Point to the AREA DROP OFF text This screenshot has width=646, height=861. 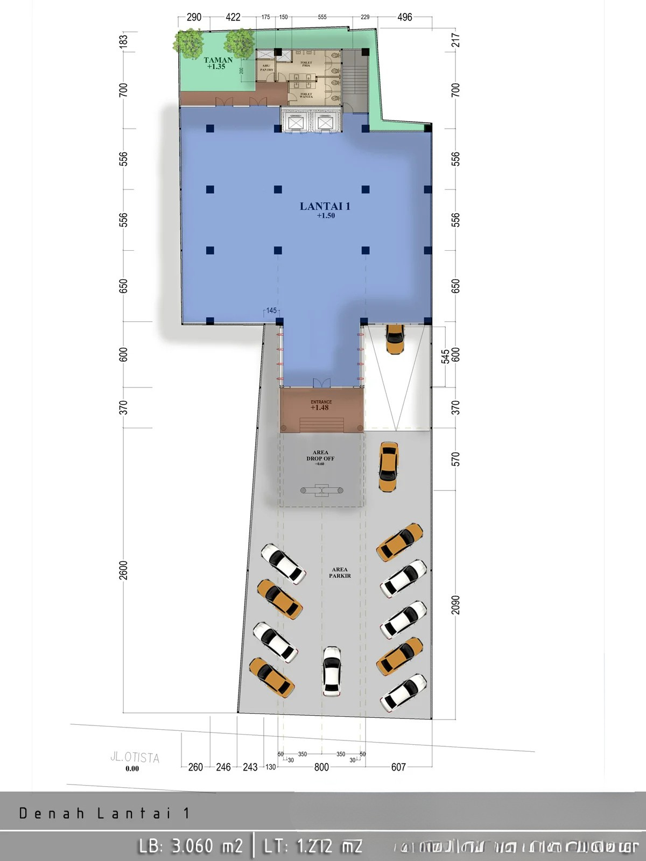click(320, 456)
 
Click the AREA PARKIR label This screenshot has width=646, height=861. click(340, 573)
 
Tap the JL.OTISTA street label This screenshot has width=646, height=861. click(135, 757)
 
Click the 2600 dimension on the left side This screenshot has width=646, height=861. click(124, 570)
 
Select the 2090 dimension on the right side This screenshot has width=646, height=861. click(456, 604)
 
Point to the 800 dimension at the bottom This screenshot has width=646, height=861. click(321, 767)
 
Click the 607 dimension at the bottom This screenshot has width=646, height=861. click(398, 767)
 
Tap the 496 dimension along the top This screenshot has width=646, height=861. click(404, 17)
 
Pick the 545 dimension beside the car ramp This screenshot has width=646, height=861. click(445, 356)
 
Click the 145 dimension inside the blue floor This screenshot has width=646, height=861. click(271, 310)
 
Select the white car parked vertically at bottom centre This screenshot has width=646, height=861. click(332, 671)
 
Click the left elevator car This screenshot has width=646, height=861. click(297, 123)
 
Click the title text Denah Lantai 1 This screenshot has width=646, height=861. click(104, 813)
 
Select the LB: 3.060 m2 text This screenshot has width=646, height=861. click(191, 846)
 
